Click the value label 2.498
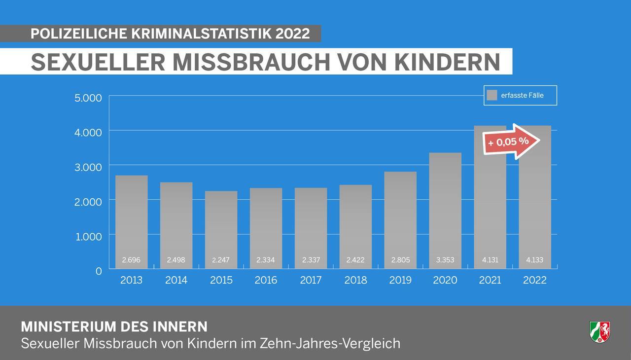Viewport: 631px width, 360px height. point(176,260)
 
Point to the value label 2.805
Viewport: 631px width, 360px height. point(400,260)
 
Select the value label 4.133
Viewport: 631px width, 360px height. point(535,260)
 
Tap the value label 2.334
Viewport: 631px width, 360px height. point(266,260)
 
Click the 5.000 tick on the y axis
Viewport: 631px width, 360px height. point(88,98)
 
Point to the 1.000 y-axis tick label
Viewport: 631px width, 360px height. point(89,236)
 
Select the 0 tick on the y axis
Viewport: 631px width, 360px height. point(99,271)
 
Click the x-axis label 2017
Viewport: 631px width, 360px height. point(311,280)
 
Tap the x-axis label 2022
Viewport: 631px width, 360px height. point(535,280)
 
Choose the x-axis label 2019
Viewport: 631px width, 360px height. point(400,280)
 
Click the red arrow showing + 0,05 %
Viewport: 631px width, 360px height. point(512,142)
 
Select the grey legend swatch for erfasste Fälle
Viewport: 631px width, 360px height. point(491,95)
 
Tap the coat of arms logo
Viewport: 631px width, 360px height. point(599,331)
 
